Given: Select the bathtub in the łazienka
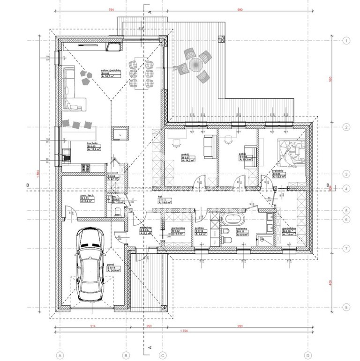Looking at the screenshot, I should [x=232, y=219].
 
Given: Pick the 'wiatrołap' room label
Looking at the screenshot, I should [x=144, y=229].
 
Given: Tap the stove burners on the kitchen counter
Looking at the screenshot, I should [x=86, y=166].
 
